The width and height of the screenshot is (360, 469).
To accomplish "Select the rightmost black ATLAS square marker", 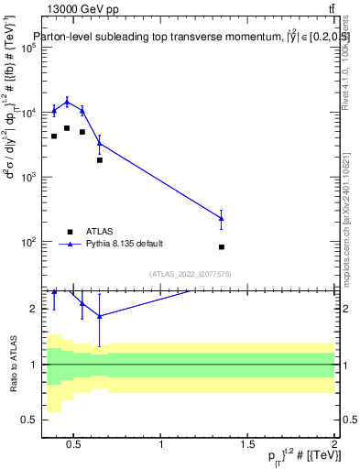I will click(x=222, y=247).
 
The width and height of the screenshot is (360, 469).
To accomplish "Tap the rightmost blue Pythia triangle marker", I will click(x=222, y=218).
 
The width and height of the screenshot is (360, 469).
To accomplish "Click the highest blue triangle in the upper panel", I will click(x=67, y=102).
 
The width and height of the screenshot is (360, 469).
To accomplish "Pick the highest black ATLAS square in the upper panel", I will click(x=67, y=128).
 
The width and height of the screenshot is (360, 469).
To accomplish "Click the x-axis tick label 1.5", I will click(x=248, y=446).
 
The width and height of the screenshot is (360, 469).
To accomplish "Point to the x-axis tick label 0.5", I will click(x=74, y=446).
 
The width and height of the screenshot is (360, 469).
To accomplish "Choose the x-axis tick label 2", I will click(x=334, y=446).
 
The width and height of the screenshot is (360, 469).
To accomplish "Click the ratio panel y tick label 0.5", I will click(x=29, y=420).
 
